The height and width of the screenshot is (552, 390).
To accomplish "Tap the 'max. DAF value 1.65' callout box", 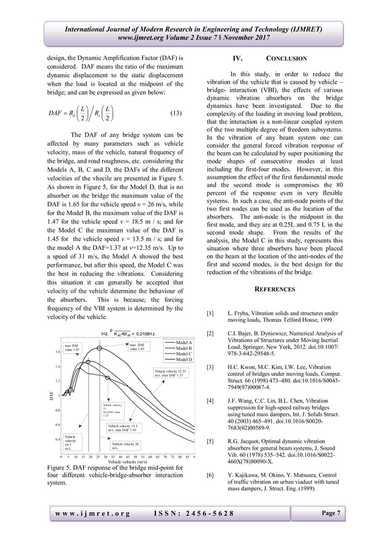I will pos(136,347).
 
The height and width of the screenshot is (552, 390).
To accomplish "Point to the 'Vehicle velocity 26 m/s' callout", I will pos(125,446).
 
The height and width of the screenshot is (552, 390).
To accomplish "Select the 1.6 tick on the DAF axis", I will pos(56,352).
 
